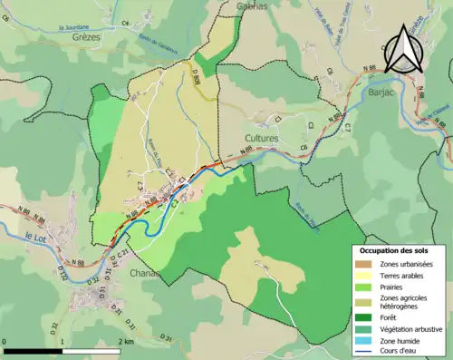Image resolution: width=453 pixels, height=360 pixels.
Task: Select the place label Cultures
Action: coord(262,138)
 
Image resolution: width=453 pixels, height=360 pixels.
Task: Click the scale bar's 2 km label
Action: coord(128,342)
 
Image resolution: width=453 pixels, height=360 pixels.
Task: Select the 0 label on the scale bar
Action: coord(5,342)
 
